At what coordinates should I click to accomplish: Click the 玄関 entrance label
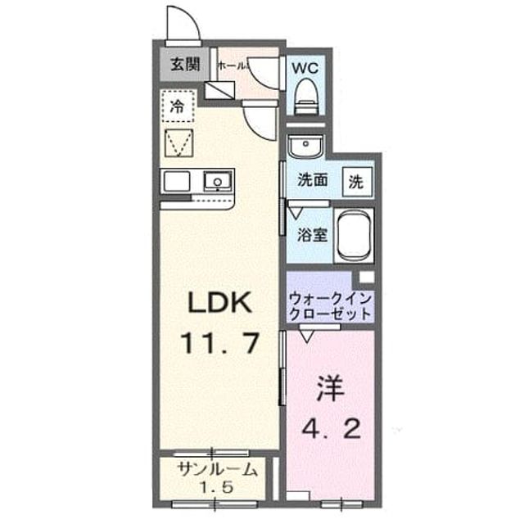[x=185, y=64]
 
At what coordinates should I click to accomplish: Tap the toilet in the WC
[x=305, y=97]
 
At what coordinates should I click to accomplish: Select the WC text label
[x=305, y=68]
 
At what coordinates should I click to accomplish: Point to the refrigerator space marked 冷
[x=178, y=106]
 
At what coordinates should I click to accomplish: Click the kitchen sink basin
[x=218, y=182]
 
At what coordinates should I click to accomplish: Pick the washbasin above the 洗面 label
[x=305, y=146]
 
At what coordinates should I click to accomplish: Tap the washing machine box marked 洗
[x=357, y=182]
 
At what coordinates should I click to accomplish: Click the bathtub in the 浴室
[x=354, y=236]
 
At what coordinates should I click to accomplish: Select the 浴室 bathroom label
[x=312, y=235]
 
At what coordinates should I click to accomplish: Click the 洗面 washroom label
[x=312, y=180]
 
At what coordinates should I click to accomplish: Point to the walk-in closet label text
[x=330, y=306]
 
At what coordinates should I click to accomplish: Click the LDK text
[x=219, y=302]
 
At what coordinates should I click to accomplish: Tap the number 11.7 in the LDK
[x=219, y=343]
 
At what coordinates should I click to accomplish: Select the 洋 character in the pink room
[x=331, y=388]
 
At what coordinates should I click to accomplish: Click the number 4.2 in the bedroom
[x=331, y=429]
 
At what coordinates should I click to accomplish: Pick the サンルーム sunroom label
[x=218, y=470]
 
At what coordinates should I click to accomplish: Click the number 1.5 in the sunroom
[x=217, y=488]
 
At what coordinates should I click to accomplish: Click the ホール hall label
[x=232, y=65]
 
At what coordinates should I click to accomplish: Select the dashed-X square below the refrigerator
[x=178, y=142]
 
